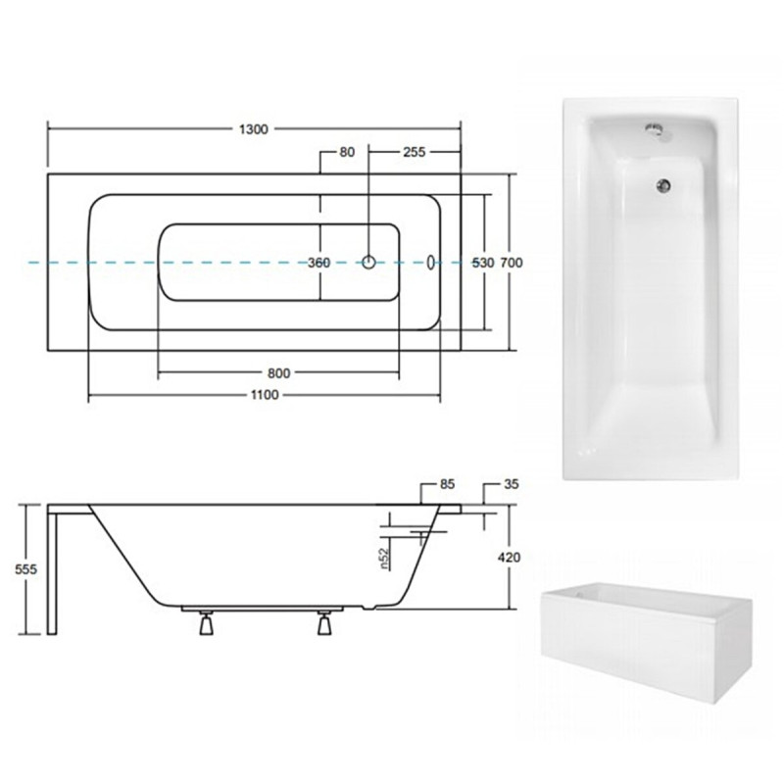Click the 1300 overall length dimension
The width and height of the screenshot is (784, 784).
(x=254, y=129)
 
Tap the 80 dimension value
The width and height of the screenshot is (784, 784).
(x=347, y=152)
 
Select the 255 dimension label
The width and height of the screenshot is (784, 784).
(x=414, y=152)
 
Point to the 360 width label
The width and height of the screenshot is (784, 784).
(x=319, y=263)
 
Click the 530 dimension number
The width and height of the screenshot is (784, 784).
(x=483, y=263)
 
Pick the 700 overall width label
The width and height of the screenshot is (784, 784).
(x=512, y=263)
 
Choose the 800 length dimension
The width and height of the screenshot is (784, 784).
(x=278, y=373)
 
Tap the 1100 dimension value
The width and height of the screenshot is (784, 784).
(x=265, y=395)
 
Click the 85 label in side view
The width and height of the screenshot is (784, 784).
(x=447, y=484)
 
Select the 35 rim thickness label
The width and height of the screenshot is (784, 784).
(x=512, y=484)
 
